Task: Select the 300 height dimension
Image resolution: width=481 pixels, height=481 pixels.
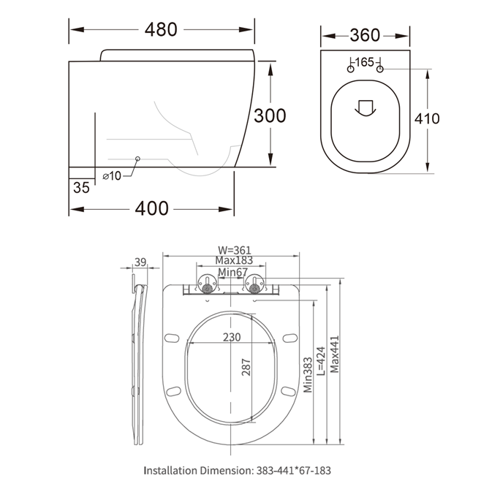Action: click(x=270, y=115)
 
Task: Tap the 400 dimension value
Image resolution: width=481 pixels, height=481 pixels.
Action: click(x=152, y=208)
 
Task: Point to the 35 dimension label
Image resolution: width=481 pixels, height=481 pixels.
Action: click(x=81, y=187)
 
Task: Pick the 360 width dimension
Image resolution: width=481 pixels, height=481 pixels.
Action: click(x=365, y=35)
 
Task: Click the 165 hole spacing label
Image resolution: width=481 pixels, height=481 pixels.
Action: click(x=365, y=61)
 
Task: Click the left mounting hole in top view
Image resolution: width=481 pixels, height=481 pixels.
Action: click(x=350, y=69)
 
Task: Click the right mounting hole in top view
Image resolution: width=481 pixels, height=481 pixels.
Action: click(x=380, y=69)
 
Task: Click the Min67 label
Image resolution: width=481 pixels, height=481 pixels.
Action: click(x=232, y=272)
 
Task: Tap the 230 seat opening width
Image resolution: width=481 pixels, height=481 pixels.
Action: click(x=231, y=337)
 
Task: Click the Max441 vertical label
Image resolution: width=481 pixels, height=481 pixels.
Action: click(x=334, y=358)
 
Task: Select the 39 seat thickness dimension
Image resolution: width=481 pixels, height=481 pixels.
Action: click(x=141, y=262)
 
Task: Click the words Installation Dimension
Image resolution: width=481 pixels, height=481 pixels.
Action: click(x=197, y=471)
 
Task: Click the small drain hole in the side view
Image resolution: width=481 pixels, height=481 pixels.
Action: click(x=138, y=159)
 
